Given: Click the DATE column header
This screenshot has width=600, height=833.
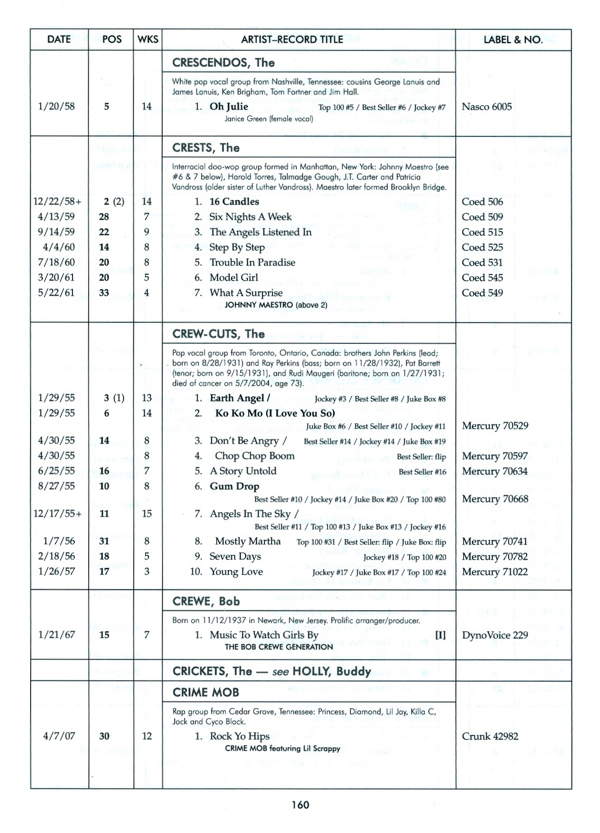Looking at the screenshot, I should pos(59,40).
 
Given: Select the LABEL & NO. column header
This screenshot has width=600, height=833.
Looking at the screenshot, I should pos(513,40).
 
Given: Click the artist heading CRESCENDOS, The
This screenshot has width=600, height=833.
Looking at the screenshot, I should pos(223,63).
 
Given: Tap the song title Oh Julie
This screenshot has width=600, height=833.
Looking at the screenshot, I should pos(229,107).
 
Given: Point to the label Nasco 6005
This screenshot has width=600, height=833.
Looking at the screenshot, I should pos(486,107).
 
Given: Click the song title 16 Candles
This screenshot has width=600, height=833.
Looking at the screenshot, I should pos(234,202).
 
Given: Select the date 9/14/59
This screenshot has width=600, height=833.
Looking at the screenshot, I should pos(56,232).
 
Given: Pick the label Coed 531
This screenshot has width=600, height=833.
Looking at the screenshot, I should pos(482,262).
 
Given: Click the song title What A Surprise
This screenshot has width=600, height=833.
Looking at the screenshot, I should pos(246,293).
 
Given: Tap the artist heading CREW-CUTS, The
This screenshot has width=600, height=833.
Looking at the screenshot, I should pos(218,334).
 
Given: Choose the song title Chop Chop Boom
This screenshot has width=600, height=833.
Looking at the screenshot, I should pos(255,456).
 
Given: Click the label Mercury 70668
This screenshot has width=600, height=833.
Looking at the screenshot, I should pos(495,499).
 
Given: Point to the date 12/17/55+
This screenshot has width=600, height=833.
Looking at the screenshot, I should pos(58,513).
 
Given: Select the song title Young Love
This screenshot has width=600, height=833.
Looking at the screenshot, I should pos(236,572).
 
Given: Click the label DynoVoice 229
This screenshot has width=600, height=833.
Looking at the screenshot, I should pos(495,635).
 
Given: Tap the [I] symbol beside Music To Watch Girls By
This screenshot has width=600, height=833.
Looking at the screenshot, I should pos(440,635).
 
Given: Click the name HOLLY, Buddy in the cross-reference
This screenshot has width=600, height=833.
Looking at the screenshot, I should pos(332,671).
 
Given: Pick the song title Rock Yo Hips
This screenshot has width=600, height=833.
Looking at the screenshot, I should pos(240,736).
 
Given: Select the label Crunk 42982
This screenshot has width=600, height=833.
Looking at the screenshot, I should pos(490,736).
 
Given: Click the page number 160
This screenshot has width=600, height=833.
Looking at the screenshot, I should pos(300,805).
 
